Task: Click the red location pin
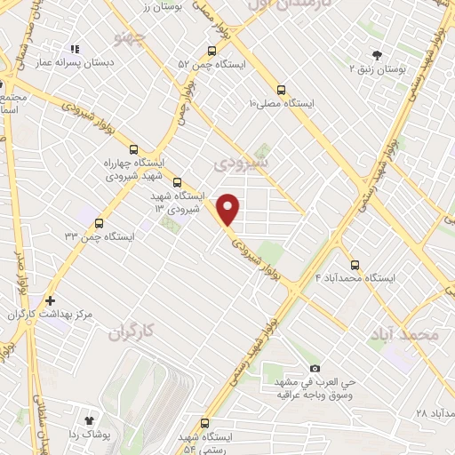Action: (x=229, y=209)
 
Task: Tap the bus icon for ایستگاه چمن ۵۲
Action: (x=212, y=50)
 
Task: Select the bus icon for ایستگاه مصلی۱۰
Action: (x=282, y=90)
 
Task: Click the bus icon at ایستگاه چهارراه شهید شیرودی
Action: (x=135, y=149)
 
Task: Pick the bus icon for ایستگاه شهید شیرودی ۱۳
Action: (x=177, y=181)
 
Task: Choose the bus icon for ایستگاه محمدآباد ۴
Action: (x=355, y=264)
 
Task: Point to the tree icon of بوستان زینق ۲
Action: (x=377, y=54)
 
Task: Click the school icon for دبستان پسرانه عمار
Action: (x=75, y=49)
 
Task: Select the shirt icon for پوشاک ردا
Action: (x=89, y=419)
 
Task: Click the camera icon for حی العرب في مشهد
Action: (x=315, y=368)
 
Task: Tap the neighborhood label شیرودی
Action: (x=243, y=164)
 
